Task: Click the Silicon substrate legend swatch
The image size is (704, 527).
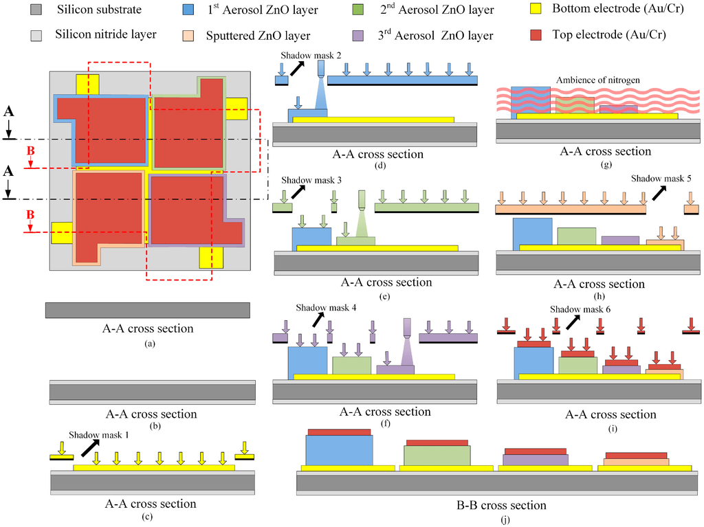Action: [x=38, y=10]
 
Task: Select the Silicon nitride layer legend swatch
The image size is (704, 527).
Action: [x=38, y=34]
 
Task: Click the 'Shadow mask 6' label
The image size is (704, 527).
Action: [x=580, y=309]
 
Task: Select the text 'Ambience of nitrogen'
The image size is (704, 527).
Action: [x=597, y=80]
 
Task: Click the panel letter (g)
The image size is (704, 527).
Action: [x=606, y=165]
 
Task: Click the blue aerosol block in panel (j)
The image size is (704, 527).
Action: [x=340, y=449]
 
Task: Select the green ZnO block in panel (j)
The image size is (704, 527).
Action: [x=437, y=455]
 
